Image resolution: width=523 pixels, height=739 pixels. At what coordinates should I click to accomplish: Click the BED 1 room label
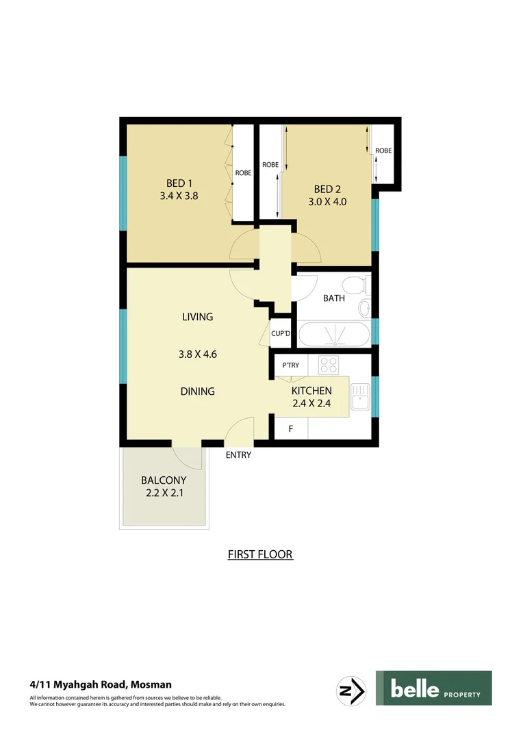(x=179, y=183)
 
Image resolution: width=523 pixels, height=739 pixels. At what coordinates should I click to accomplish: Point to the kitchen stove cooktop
(x=329, y=365)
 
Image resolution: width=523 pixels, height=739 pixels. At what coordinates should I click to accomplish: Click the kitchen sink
(x=359, y=397)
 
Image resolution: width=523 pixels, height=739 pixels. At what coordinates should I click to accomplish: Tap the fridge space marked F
(x=291, y=429)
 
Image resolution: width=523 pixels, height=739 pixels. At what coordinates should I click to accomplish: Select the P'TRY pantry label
(x=291, y=365)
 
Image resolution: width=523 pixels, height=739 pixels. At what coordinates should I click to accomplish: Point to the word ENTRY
(x=238, y=455)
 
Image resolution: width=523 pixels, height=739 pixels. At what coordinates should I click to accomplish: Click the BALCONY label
(x=163, y=480)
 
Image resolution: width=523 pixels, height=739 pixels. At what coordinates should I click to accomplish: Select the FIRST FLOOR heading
(x=260, y=554)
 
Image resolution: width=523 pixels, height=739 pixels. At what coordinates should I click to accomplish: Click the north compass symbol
(x=352, y=688)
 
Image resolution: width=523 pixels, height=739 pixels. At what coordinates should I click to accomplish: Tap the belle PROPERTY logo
(x=433, y=688)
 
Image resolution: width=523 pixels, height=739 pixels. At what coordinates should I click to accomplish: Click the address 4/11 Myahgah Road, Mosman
(x=101, y=684)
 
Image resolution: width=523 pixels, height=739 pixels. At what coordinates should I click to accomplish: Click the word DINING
(x=198, y=391)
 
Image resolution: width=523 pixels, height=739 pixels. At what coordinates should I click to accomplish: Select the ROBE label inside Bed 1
(x=243, y=173)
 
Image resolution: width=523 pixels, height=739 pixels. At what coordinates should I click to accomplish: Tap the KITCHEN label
(x=311, y=391)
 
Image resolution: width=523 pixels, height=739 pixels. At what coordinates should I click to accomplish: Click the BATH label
(x=333, y=298)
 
